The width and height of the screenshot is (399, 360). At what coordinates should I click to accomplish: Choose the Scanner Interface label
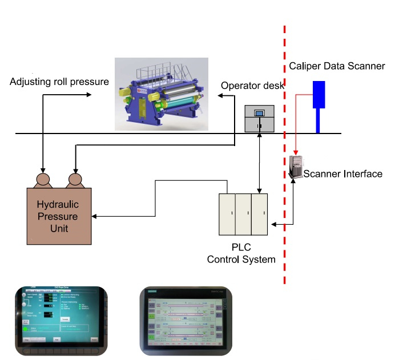(343, 173)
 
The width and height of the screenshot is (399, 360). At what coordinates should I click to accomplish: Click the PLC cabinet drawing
(243, 215)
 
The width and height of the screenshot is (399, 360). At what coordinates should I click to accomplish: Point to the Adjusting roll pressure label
(59, 82)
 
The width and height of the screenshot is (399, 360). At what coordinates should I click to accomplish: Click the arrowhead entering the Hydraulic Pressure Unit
(95, 216)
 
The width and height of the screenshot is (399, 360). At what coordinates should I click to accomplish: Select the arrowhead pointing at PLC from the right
(273, 225)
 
